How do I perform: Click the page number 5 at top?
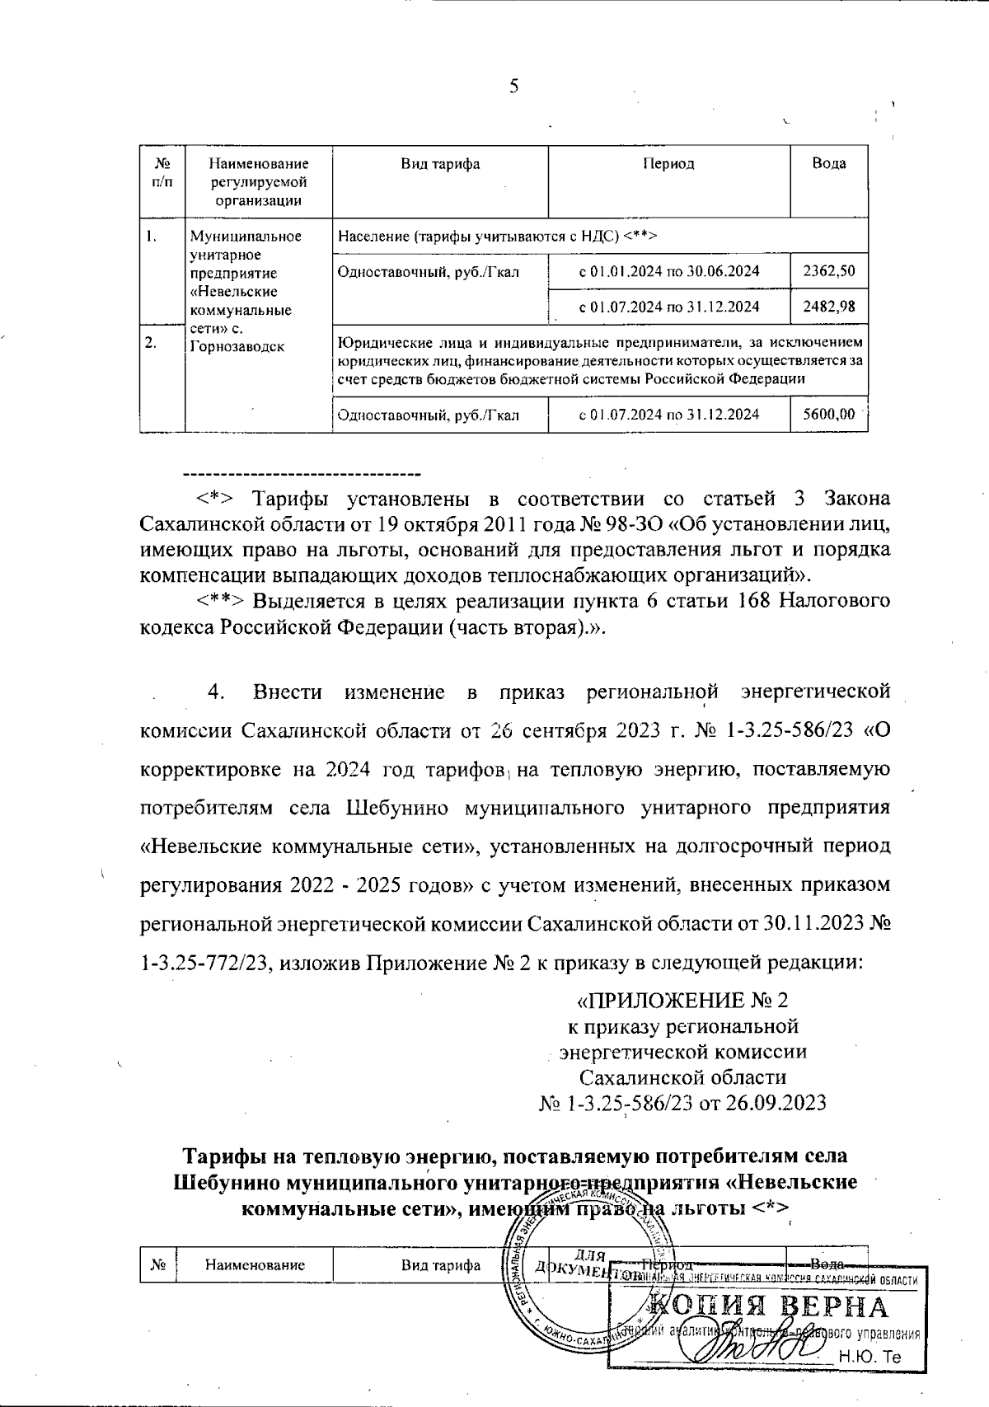click(513, 87)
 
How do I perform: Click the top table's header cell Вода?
click(829, 163)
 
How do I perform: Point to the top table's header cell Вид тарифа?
click(440, 163)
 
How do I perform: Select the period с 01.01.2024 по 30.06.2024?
click(669, 271)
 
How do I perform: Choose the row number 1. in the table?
click(150, 237)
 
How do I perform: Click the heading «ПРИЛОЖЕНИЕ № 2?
click(682, 1001)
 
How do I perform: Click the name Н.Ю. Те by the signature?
click(870, 1357)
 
